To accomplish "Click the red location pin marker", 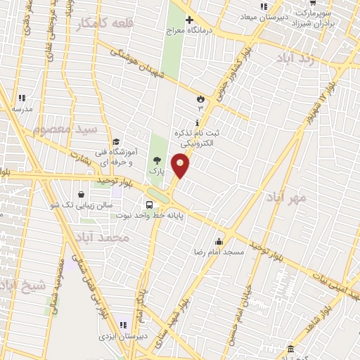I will pyautogui.click(x=181, y=165).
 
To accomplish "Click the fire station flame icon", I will pyautogui.click(x=200, y=98).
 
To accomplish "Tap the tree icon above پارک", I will pyautogui.click(x=157, y=160).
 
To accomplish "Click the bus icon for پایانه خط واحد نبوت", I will pyautogui.click(x=158, y=205).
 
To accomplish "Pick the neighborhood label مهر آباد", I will pyautogui.click(x=287, y=198).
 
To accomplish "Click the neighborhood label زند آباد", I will pyautogui.click(x=303, y=59).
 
